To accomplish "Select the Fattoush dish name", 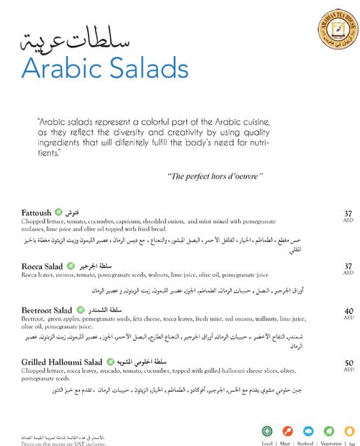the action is (x=36, y=212).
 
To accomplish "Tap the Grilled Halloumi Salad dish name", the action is (x=62, y=361).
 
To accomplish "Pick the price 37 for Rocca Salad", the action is (x=348, y=266).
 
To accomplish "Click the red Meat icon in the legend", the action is (x=287, y=431).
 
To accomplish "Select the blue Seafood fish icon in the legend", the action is (x=308, y=431).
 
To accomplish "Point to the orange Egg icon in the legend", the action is (x=349, y=431).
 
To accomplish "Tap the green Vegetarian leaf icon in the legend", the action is (x=329, y=431).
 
